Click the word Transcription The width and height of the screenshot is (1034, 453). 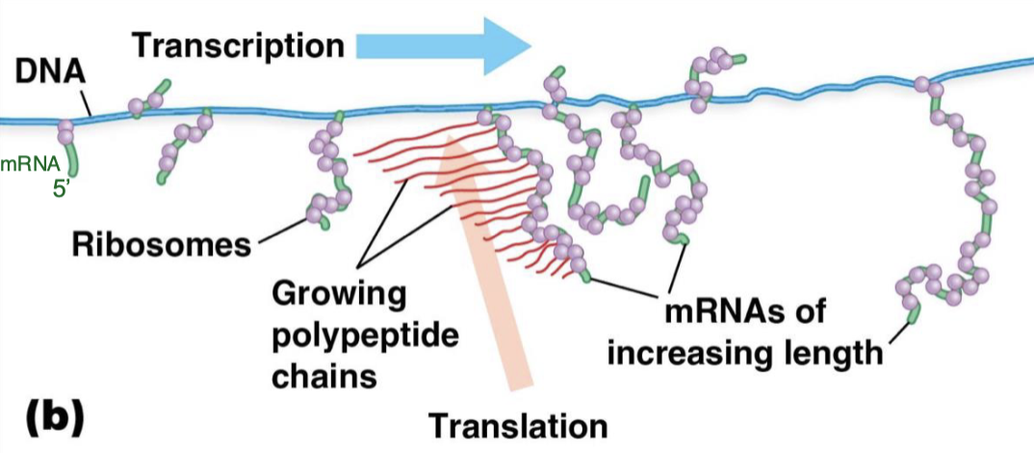[x=238, y=44]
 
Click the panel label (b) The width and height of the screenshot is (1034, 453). [x=54, y=419]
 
